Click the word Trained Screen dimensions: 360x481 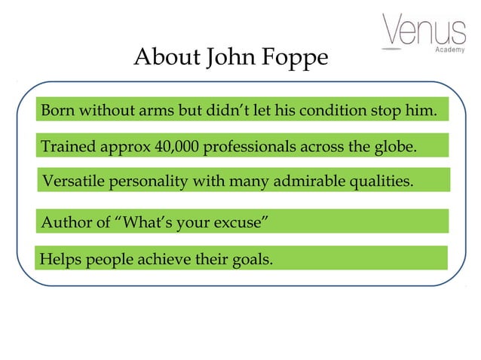tap(67, 146)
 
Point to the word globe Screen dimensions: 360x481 tap(395, 146)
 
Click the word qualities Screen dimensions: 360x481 tap(385, 182)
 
